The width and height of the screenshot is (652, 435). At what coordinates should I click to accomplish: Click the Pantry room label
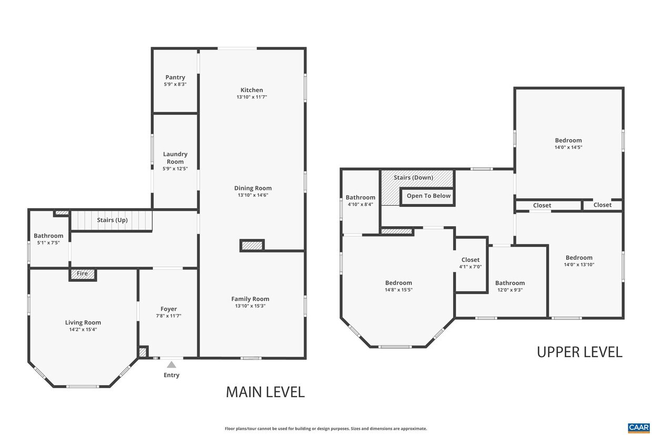(x=175, y=77)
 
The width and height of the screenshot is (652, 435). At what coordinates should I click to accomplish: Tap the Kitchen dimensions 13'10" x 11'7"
(x=252, y=97)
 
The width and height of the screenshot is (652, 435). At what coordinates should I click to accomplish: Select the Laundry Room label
(x=175, y=158)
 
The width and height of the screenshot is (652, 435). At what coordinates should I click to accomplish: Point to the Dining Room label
(x=253, y=188)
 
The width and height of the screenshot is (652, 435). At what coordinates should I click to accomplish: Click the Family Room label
(x=250, y=299)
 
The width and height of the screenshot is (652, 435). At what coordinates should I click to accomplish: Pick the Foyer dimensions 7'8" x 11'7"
(x=169, y=316)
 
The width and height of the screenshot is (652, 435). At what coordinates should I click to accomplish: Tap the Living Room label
(x=83, y=322)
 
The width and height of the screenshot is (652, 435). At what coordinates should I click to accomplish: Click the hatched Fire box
(x=83, y=274)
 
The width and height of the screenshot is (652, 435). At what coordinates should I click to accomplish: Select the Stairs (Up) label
(x=113, y=220)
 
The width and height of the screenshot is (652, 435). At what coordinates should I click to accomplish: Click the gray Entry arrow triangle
(x=171, y=365)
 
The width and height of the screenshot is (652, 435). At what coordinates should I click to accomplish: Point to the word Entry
(x=171, y=375)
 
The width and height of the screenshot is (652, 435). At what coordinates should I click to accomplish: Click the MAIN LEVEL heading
(x=266, y=392)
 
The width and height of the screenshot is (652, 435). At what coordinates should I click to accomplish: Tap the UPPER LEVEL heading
(x=579, y=352)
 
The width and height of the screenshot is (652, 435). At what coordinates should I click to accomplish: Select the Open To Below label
(x=429, y=196)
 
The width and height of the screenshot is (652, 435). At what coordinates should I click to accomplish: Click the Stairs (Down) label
(x=413, y=177)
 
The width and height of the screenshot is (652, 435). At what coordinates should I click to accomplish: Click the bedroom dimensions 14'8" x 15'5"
(x=399, y=290)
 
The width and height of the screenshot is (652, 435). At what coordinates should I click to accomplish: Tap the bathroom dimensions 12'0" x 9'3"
(x=510, y=290)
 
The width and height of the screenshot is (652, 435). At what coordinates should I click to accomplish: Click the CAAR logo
(x=639, y=428)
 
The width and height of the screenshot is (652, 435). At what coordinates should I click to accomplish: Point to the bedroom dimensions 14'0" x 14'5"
(x=568, y=147)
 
